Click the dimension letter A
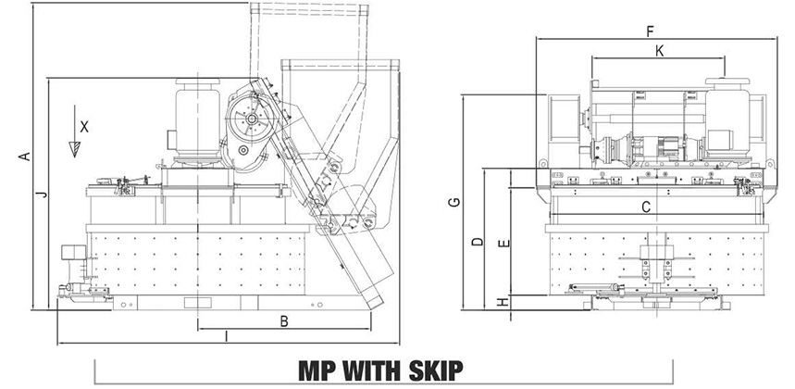[x=24, y=157]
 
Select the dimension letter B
[x=284, y=321]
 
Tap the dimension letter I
[x=226, y=336]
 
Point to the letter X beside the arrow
[x=84, y=127]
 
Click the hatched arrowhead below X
[x=75, y=149]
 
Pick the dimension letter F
[x=650, y=31]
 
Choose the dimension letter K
[x=659, y=51]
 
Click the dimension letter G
[x=454, y=202]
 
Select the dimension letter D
[x=478, y=242]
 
